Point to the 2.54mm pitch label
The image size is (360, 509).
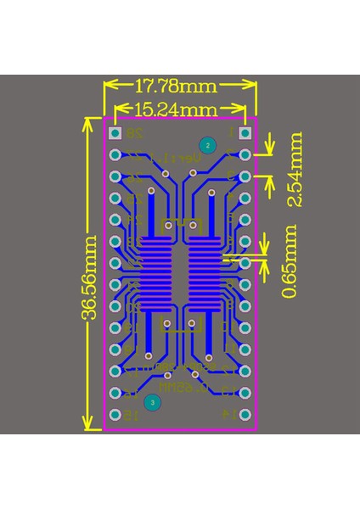point(293,169)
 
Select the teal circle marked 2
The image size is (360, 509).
point(205,144)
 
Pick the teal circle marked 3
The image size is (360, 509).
point(151,403)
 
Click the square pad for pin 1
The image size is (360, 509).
point(245,133)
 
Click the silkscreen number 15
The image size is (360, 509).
point(132,415)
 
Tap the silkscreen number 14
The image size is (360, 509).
point(228,415)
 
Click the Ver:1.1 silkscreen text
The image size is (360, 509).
point(180,158)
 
